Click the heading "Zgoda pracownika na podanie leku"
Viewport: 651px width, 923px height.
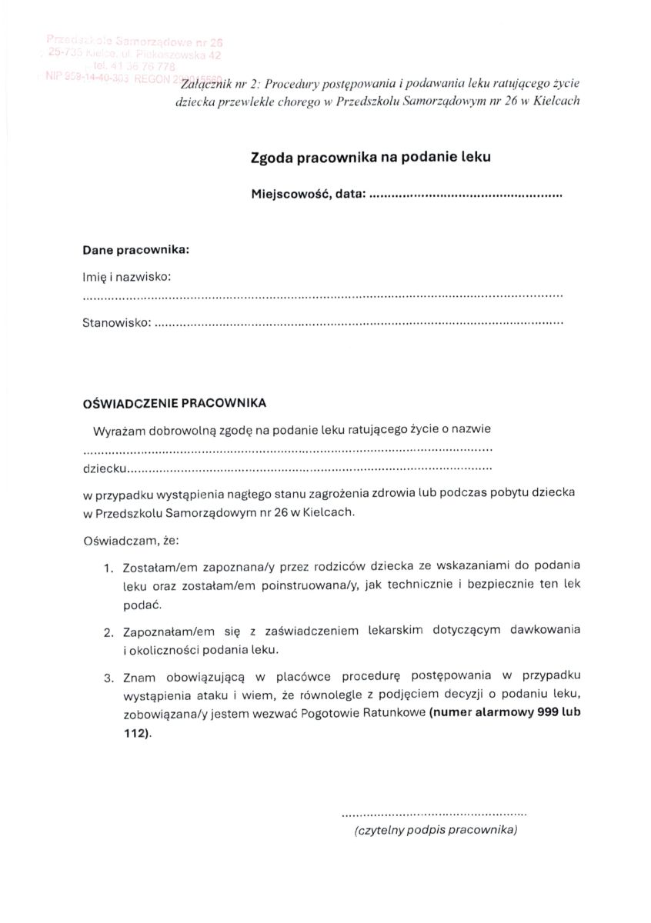[x=370, y=157]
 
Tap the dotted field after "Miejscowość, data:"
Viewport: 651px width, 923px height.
[x=466, y=196]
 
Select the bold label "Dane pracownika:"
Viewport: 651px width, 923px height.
[x=136, y=250]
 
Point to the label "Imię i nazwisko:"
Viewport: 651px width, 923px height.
[x=126, y=275]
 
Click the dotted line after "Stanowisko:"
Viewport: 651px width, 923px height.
[x=359, y=324]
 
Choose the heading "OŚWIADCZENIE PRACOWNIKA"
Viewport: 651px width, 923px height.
[x=175, y=402]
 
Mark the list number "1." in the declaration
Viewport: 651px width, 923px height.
[x=108, y=569]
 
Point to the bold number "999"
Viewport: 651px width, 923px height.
[x=546, y=713]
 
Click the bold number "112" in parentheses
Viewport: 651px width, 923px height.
[x=135, y=732]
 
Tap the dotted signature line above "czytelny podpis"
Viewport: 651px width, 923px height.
[x=434, y=812]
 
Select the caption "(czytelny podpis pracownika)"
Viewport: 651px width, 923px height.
[x=436, y=830]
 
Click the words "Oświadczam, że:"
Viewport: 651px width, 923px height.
[x=130, y=541]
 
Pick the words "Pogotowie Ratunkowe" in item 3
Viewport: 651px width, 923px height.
[x=369, y=713]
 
